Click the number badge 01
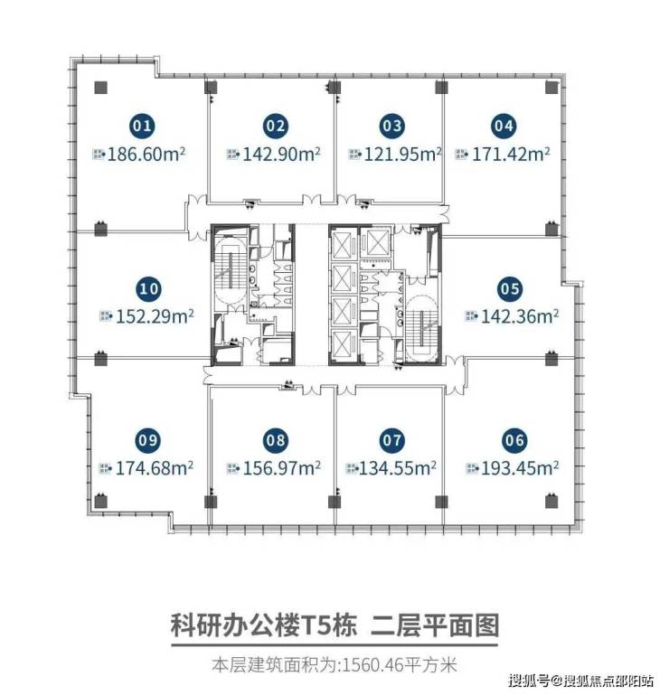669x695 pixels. (x=142, y=126)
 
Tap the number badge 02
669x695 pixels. (x=276, y=126)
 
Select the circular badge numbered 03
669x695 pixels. (x=392, y=126)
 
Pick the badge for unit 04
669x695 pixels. (x=504, y=126)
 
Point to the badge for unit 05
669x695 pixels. (x=510, y=289)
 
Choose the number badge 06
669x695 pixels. (x=514, y=440)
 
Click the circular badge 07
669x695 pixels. (x=392, y=440)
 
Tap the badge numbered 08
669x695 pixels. (x=276, y=440)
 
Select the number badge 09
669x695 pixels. (x=148, y=440)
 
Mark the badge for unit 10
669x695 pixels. (x=149, y=289)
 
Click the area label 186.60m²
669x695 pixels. (x=146, y=155)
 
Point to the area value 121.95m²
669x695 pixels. (x=402, y=155)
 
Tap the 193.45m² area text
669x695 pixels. (x=520, y=468)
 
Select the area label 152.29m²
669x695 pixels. (x=155, y=317)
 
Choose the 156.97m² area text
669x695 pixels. (x=282, y=468)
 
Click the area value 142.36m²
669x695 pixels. (x=520, y=317)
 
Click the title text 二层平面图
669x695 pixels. (x=435, y=625)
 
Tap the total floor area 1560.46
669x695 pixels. (x=372, y=665)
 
